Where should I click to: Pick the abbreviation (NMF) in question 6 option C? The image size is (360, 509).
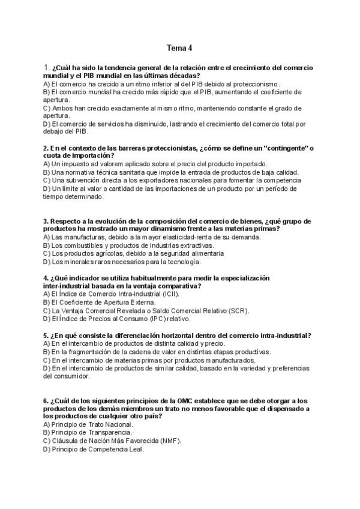point(167,440)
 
